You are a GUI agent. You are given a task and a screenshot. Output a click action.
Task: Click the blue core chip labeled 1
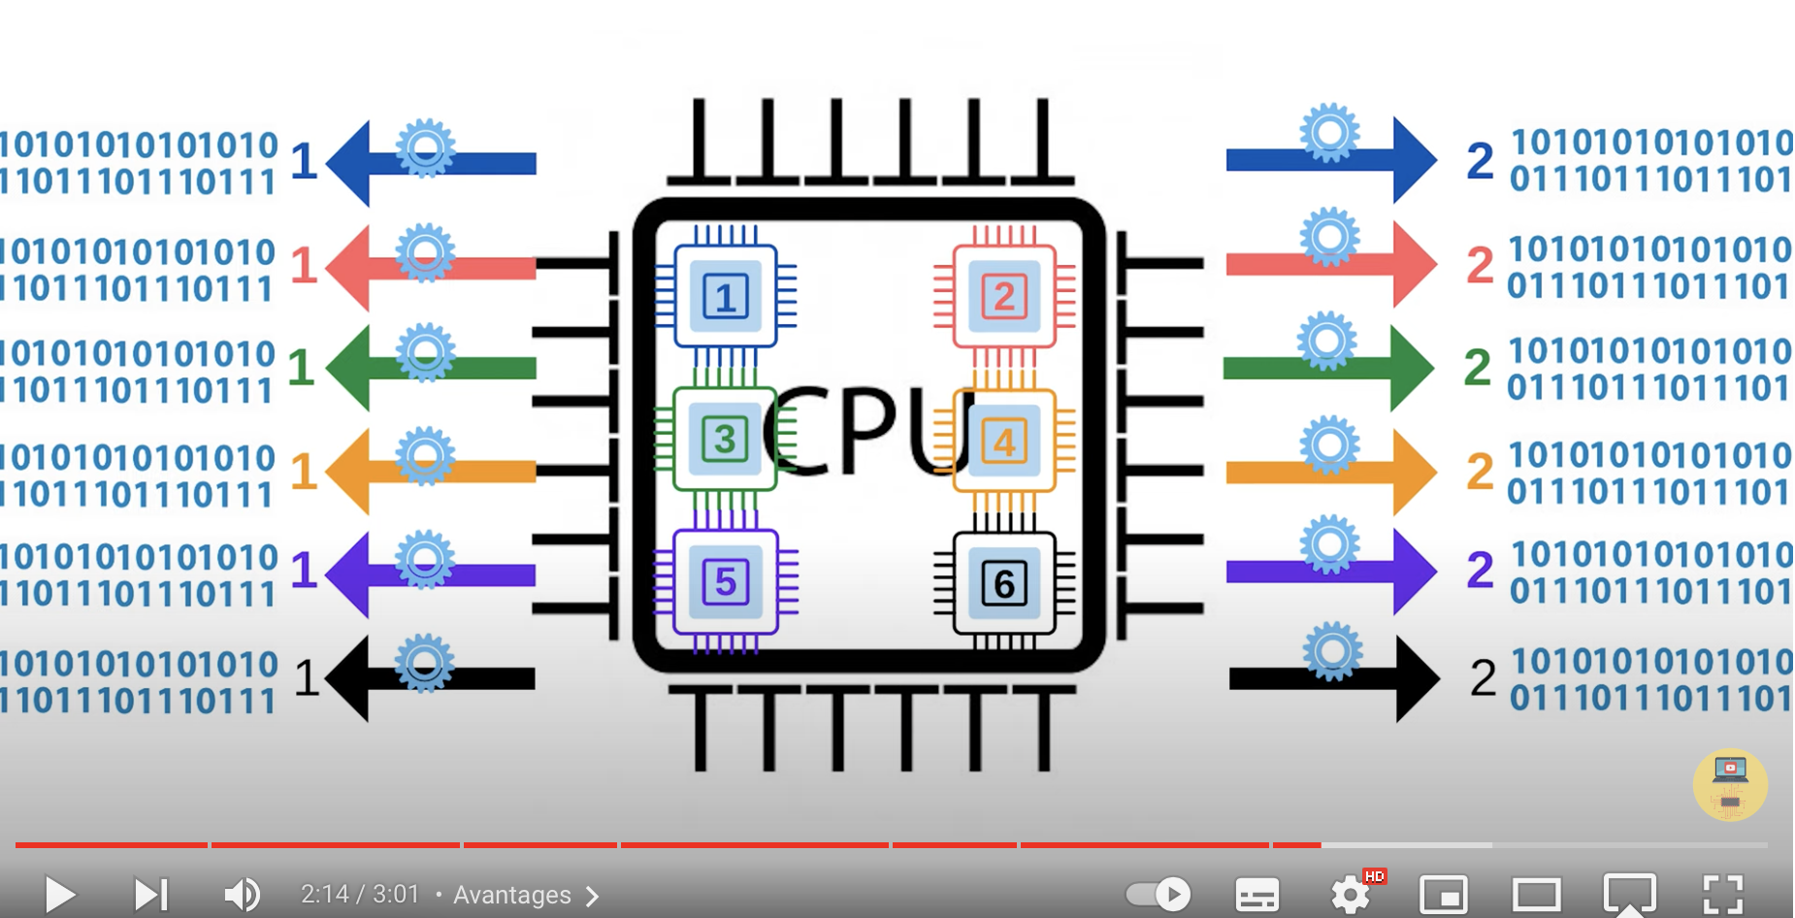pos(725,296)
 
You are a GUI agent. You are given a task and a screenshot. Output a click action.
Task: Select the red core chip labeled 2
pos(1004,296)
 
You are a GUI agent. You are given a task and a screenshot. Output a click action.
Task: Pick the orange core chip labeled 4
pos(1004,442)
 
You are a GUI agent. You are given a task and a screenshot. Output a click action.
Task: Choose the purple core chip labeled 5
pos(725,582)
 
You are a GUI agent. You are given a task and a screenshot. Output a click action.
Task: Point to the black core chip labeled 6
pos(1004,583)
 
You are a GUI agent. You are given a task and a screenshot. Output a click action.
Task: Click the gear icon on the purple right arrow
pos(1329,544)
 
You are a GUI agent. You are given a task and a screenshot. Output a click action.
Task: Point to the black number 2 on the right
pos(1483,677)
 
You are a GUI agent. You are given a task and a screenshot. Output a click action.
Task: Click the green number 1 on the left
pos(301,368)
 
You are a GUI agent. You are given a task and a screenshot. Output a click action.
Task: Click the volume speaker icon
pos(242,894)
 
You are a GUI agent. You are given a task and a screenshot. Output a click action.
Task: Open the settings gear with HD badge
pos(1351,894)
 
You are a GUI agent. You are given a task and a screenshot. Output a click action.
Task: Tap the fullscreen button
pos(1723,894)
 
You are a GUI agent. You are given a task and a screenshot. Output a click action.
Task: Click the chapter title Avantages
pos(512,895)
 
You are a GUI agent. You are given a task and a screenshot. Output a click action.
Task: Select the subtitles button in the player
pos(1256,894)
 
